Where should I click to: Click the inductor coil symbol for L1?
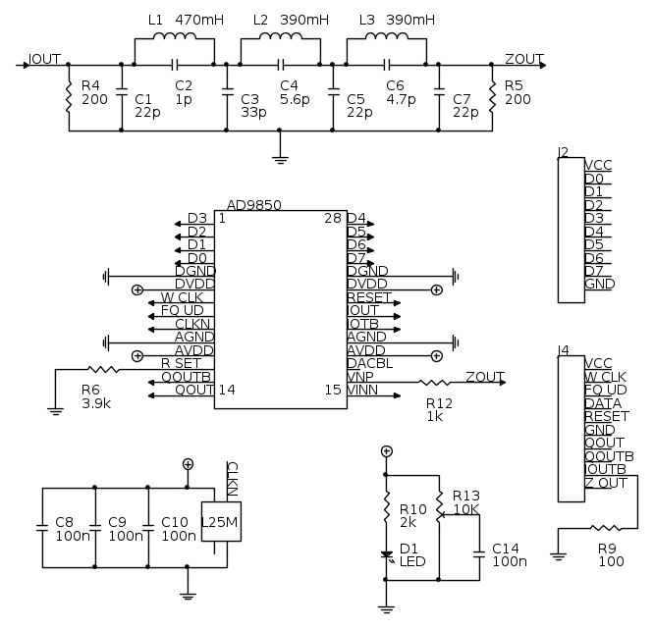pos(173,39)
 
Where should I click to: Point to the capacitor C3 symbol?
pos(227,96)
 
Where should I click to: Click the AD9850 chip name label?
pos(253,205)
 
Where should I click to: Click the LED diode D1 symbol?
pos(387,556)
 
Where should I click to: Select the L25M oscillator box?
pos(219,522)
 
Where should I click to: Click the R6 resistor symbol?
pos(101,369)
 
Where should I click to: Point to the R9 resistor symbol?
pos(610,528)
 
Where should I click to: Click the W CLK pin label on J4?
pos(605,376)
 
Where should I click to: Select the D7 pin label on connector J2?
pos(593,270)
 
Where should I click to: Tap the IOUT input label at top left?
pos(45,58)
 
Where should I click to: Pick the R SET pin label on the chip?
pos(181,363)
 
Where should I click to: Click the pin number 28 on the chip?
pos(332,218)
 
